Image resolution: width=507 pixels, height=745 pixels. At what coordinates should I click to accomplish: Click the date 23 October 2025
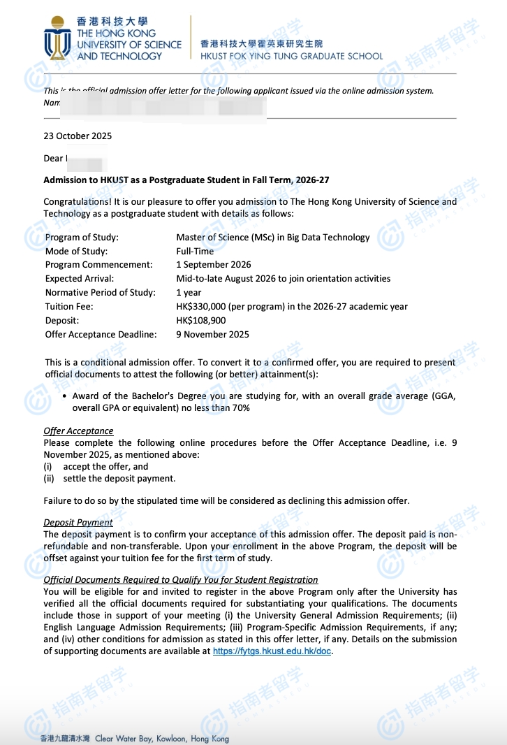78,136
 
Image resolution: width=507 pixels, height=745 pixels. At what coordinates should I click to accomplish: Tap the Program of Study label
82,237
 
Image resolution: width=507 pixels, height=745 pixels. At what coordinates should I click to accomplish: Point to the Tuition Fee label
69,306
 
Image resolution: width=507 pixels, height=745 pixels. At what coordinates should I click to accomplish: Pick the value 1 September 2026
214,264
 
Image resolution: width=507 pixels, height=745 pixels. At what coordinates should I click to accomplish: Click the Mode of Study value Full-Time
195,251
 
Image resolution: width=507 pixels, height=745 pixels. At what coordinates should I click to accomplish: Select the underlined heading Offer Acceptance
78,431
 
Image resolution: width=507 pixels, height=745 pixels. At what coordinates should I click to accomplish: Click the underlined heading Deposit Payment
78,522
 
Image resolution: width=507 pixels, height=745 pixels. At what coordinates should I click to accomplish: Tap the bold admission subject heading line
186,180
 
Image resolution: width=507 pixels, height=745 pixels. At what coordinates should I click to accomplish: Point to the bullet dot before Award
65,396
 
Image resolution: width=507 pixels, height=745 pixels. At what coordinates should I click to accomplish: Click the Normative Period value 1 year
189,292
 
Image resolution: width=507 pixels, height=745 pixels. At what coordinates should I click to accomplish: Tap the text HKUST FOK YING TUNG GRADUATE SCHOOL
291,56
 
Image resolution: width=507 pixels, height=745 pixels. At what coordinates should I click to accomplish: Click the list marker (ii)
49,479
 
